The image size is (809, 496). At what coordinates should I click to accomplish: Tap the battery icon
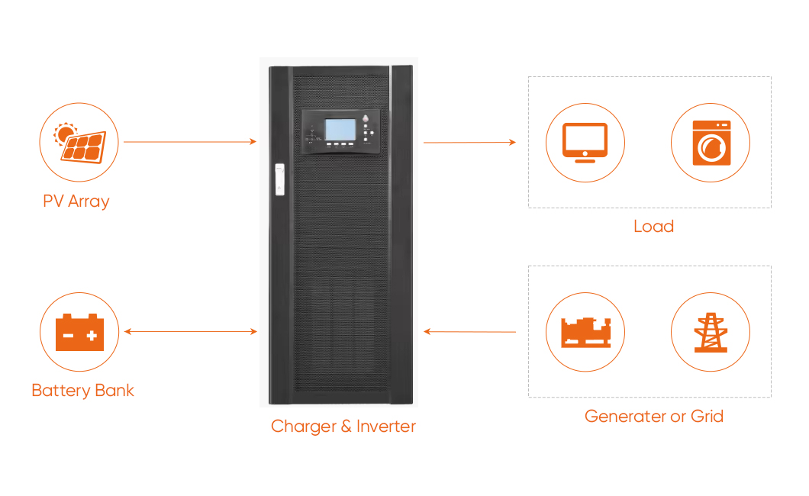(x=79, y=333)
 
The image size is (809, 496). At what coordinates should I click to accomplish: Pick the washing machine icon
(x=711, y=143)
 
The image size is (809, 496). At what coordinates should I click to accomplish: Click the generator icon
(x=585, y=333)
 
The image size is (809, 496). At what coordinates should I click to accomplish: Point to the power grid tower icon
(x=711, y=333)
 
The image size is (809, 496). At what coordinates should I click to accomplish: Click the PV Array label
(x=76, y=201)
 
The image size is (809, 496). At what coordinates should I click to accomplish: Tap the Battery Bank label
(x=82, y=391)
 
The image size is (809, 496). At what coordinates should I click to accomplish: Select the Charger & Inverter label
(x=343, y=427)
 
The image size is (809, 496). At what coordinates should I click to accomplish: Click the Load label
(x=653, y=227)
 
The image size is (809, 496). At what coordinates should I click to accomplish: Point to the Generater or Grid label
(x=653, y=417)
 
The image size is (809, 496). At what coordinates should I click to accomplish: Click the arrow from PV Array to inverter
(x=189, y=142)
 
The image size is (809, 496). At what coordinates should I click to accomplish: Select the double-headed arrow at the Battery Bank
(x=190, y=332)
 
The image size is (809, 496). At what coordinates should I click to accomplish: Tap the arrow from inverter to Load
(x=469, y=143)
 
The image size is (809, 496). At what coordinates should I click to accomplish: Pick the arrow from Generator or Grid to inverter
(x=469, y=332)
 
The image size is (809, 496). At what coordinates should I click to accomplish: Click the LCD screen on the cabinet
(x=340, y=130)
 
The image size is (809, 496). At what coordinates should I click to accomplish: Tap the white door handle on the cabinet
(x=279, y=180)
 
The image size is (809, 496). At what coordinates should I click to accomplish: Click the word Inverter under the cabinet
(x=385, y=427)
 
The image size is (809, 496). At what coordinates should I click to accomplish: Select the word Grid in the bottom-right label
(x=706, y=417)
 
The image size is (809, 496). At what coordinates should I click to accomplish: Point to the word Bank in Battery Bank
(x=114, y=391)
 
